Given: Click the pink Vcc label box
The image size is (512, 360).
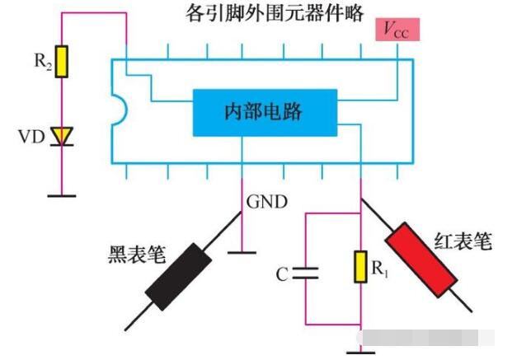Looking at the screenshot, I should (397, 30).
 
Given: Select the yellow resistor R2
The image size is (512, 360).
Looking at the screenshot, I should (61, 61).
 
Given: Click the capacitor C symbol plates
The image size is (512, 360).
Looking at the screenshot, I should (306, 274).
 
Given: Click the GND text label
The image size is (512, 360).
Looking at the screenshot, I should (266, 200).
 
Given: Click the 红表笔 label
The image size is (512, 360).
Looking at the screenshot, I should (463, 241).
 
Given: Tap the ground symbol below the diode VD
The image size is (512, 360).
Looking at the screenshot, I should (61, 195).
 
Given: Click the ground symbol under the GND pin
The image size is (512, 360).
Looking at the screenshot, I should (242, 251).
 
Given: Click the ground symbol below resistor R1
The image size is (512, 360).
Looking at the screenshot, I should (360, 353).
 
